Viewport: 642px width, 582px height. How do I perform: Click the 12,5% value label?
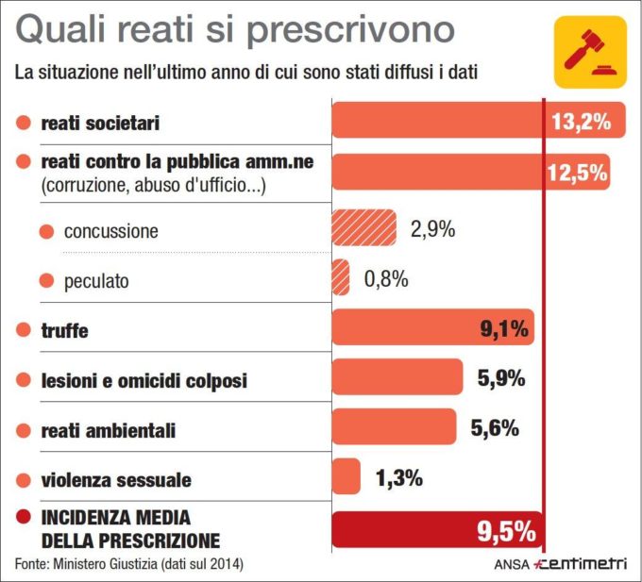[x=576, y=172]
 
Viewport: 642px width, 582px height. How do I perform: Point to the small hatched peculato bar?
[x=340, y=278]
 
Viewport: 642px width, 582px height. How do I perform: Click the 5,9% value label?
[x=500, y=378]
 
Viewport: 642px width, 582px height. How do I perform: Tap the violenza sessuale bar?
[x=346, y=476]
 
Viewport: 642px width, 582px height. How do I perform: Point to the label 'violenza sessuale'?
[x=116, y=480]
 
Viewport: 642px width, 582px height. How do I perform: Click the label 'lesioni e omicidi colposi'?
[x=144, y=380]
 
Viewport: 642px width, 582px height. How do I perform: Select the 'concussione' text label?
[x=111, y=231]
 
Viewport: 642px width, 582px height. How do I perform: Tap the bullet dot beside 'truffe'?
[x=24, y=329]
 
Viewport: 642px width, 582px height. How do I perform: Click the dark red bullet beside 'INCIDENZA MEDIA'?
[x=24, y=518]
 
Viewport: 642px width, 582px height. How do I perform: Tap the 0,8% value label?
[x=385, y=278]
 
